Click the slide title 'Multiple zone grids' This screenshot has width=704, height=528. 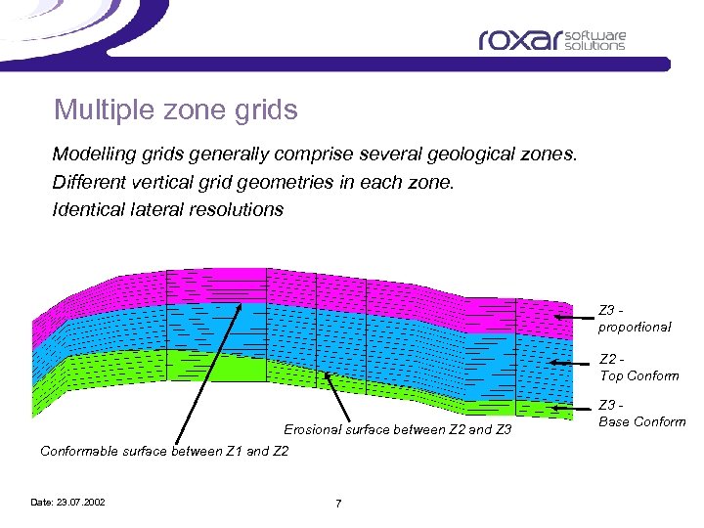[x=176, y=110]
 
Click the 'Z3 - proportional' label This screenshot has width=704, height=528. [x=634, y=319]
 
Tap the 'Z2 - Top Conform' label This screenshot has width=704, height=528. [x=638, y=368]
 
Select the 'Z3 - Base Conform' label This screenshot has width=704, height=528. [x=641, y=414]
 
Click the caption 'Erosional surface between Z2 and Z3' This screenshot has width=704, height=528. [x=397, y=430]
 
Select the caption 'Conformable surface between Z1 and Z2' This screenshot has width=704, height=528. [x=164, y=451]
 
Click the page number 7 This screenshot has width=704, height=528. [x=338, y=504]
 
